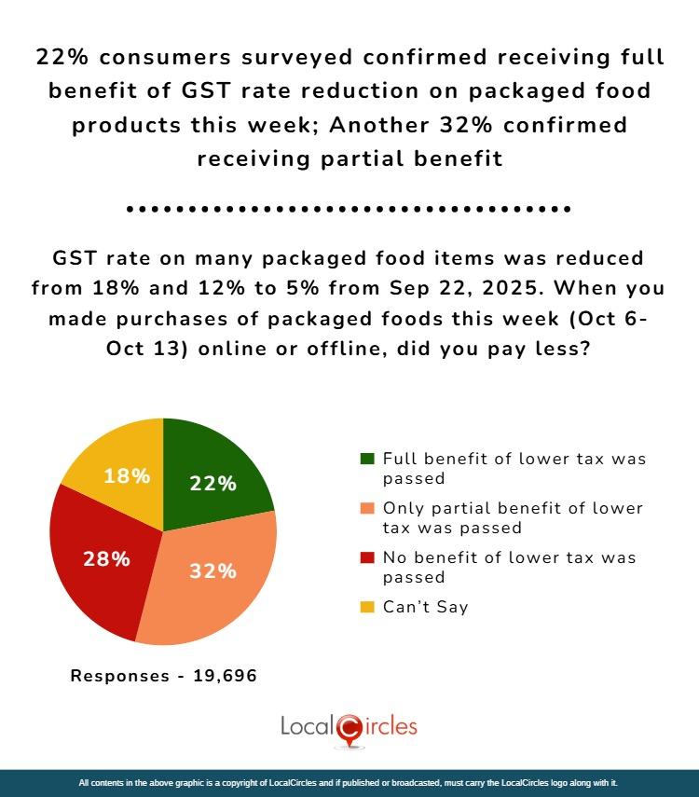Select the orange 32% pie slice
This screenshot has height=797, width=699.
[x=214, y=578]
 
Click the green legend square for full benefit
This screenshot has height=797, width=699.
[x=367, y=460]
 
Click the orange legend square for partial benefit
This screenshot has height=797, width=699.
[x=367, y=509]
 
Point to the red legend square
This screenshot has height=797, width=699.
[x=367, y=558]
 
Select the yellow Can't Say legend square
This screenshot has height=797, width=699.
[x=367, y=607]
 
